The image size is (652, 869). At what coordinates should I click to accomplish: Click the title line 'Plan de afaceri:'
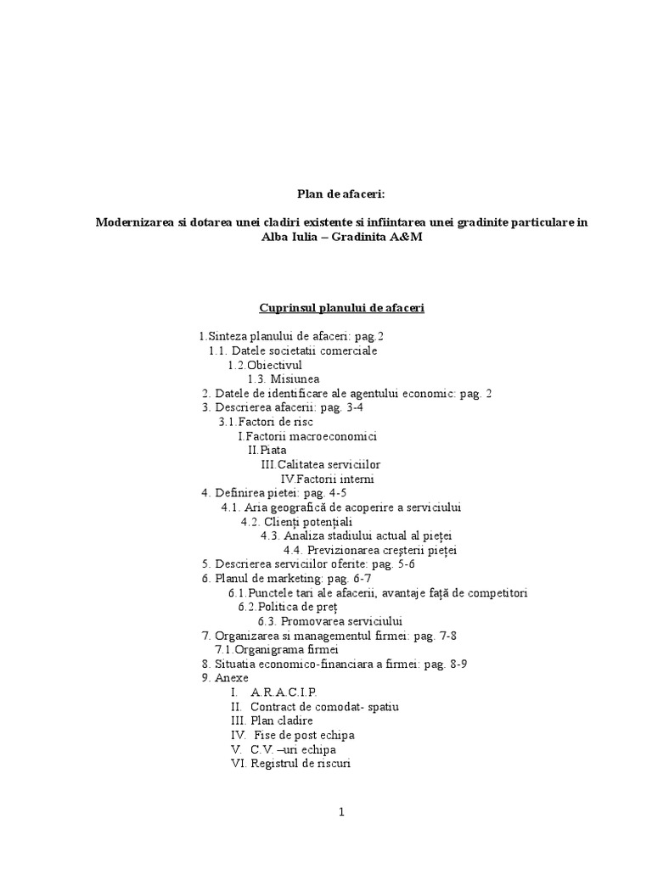click(340, 193)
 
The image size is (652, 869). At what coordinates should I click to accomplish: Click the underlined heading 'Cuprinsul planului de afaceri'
click(340, 308)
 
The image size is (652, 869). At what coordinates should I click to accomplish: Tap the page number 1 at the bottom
click(341, 812)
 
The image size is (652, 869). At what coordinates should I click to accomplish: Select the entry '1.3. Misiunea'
click(284, 378)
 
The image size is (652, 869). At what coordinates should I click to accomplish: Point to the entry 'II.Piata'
click(267, 450)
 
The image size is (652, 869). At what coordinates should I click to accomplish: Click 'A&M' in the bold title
click(404, 237)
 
